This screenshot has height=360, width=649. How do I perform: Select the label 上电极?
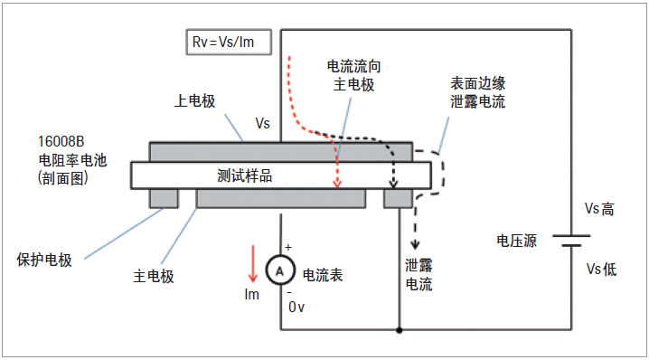(x=194, y=101)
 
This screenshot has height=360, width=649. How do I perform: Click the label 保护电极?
(x=44, y=259)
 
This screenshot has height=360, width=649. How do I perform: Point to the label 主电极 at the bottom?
(x=153, y=276)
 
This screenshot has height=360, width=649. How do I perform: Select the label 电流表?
(x=322, y=274)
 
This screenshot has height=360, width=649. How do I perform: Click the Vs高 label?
(x=599, y=209)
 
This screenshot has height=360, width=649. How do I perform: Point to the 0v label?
(x=297, y=307)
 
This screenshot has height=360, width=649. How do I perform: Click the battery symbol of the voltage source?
(x=570, y=241)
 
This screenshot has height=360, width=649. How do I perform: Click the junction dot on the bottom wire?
(x=400, y=330)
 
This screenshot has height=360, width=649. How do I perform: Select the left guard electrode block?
(x=164, y=197)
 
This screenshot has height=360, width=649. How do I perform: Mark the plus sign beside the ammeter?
(x=288, y=247)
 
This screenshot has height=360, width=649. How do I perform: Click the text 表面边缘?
(x=478, y=82)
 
